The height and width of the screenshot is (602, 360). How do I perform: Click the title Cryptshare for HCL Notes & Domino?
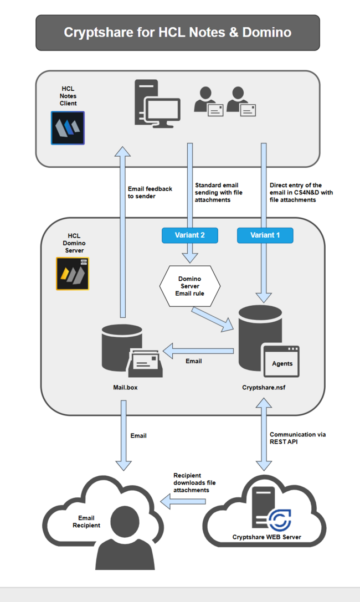click(x=177, y=32)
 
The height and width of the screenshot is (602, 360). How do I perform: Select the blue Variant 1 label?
click(x=265, y=235)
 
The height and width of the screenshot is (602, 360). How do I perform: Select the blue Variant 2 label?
click(x=190, y=235)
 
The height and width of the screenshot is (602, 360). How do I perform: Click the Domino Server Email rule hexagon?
click(x=190, y=286)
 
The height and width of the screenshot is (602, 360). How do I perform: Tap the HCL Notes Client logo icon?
click(x=68, y=127)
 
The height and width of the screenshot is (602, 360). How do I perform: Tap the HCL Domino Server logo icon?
click(x=73, y=274)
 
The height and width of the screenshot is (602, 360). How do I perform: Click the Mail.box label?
click(x=125, y=388)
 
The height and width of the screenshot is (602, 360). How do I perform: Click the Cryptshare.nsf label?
click(x=263, y=388)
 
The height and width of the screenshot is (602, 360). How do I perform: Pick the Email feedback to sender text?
click(x=150, y=192)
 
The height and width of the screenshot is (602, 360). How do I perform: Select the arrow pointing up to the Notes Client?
click(x=123, y=233)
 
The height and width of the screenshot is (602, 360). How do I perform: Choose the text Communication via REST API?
click(x=297, y=438)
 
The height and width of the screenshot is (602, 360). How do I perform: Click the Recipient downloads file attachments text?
click(x=194, y=483)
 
